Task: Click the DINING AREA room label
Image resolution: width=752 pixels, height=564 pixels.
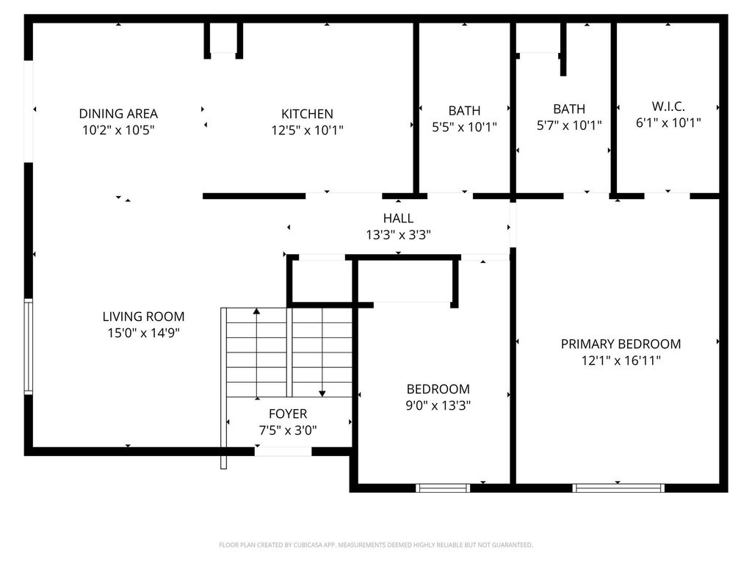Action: (118, 114)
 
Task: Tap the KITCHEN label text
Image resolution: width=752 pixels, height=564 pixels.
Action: (307, 114)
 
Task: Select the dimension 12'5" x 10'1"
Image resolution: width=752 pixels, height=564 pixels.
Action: (308, 130)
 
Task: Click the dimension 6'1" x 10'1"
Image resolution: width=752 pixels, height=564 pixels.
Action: (668, 123)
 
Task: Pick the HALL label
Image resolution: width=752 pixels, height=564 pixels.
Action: (398, 218)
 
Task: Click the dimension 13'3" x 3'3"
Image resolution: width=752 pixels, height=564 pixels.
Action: (398, 234)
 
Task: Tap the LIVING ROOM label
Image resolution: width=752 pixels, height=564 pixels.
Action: (143, 317)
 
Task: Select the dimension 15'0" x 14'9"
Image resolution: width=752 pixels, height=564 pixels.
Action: (143, 333)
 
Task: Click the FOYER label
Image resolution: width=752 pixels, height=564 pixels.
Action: (288, 413)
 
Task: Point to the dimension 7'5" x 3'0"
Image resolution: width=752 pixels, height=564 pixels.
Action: (288, 430)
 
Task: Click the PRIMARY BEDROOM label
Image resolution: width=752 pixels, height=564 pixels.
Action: (621, 344)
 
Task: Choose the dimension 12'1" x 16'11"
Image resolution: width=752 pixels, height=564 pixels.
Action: (621, 360)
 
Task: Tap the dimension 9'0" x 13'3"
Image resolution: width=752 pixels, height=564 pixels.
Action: (438, 405)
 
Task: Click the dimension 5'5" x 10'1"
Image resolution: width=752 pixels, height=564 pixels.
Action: (464, 127)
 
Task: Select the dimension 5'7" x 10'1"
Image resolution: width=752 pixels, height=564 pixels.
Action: (569, 125)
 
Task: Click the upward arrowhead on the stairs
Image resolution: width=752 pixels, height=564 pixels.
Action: (256, 311)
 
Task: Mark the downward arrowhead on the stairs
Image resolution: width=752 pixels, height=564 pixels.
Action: (322, 394)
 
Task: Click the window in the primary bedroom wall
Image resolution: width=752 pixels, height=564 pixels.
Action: (618, 488)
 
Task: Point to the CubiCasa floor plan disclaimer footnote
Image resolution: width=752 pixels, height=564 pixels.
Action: (375, 545)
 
